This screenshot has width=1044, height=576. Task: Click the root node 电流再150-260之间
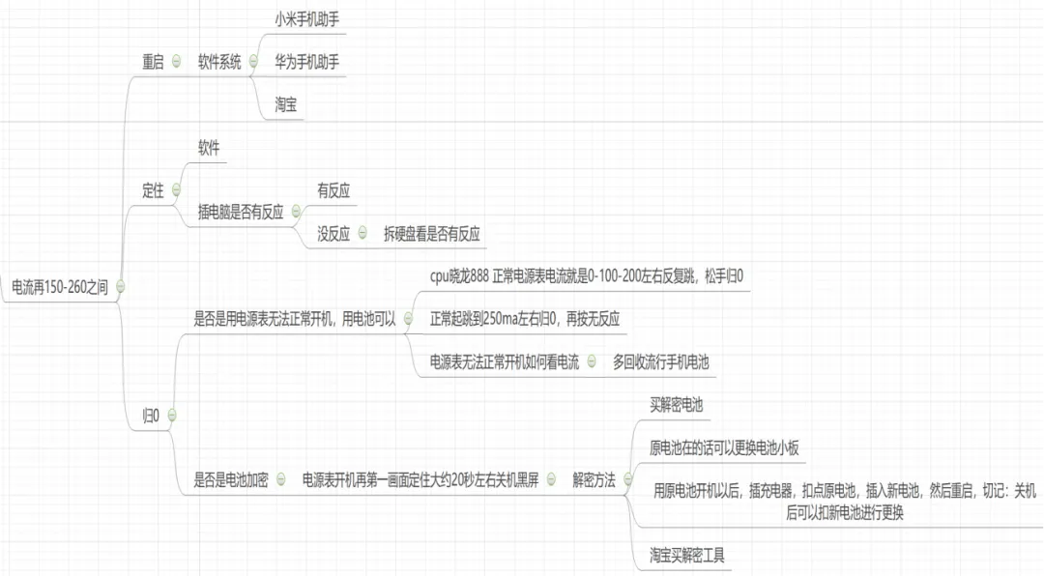click(x=58, y=286)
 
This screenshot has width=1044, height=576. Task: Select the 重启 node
click(x=154, y=61)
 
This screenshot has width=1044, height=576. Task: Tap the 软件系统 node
click(x=220, y=61)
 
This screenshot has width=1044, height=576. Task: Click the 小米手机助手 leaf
click(x=306, y=16)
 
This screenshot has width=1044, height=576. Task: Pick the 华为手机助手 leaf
click(x=306, y=61)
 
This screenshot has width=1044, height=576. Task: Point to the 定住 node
click(x=154, y=189)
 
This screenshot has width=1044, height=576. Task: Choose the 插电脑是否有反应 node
click(x=241, y=212)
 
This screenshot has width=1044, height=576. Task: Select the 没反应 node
click(x=333, y=233)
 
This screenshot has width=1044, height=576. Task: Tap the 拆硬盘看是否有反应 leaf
click(x=432, y=233)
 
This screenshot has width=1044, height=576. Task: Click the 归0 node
click(x=151, y=416)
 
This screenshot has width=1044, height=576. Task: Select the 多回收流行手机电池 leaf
click(x=660, y=362)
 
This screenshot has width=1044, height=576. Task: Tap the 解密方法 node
click(x=594, y=478)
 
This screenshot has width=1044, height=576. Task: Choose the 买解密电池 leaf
click(x=677, y=405)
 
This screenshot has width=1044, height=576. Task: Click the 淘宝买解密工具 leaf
click(x=686, y=555)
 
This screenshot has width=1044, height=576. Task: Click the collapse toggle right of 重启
click(x=176, y=61)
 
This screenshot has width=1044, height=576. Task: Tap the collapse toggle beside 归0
click(x=171, y=416)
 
